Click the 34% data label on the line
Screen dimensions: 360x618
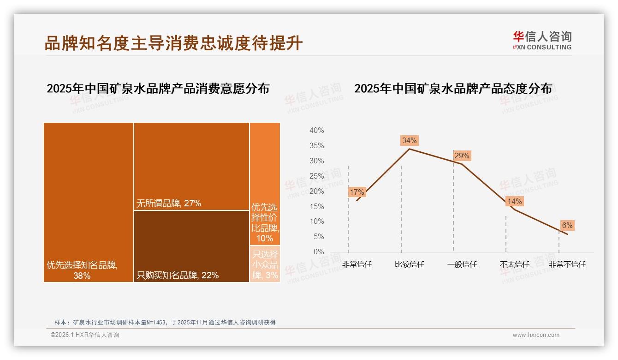tap(409, 140)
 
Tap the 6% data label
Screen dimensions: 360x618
tap(567, 225)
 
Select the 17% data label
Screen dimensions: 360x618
tap(357, 192)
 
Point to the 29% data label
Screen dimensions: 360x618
tap(462, 156)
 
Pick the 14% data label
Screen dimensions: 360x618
tap(514, 201)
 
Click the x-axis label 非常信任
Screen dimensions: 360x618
tap(357, 264)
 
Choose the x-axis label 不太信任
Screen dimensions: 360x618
tap(515, 264)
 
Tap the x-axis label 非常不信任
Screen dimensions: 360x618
tap(567, 264)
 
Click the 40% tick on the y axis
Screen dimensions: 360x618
tap(316, 131)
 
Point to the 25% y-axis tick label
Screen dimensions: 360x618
tap(316, 176)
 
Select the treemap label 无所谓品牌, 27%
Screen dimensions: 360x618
tap(169, 203)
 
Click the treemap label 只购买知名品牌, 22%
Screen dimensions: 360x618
tap(178, 276)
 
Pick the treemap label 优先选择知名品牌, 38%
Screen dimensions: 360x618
tap(82, 270)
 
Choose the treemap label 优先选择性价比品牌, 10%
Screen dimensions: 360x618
tap(265, 223)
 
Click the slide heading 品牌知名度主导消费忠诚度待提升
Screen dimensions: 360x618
tap(173, 43)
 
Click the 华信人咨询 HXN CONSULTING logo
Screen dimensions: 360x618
tap(542, 40)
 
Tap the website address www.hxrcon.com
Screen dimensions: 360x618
tap(536, 335)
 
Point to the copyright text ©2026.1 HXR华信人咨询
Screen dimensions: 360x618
tap(85, 335)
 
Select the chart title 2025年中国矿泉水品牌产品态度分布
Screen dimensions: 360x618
tap(453, 89)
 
